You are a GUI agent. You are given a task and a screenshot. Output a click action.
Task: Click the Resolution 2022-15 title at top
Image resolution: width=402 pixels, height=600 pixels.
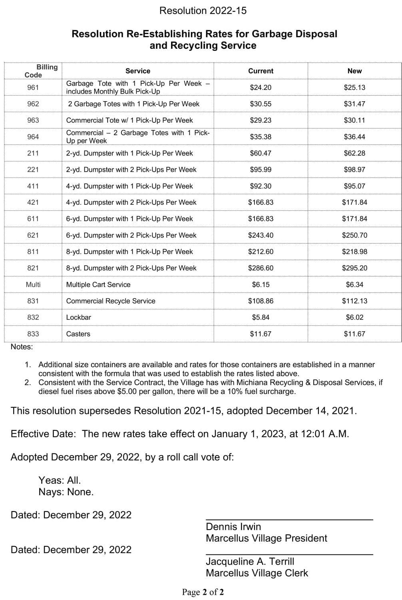click(203, 11)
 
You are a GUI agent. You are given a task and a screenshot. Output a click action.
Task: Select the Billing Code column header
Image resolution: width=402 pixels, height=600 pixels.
click(40, 71)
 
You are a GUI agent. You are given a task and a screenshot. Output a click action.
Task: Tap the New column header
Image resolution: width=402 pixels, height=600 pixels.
click(354, 71)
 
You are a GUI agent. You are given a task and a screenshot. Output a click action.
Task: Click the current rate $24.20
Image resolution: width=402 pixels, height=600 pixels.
click(261, 87)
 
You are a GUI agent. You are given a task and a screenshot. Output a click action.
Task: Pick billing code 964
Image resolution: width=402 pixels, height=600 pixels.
click(33, 136)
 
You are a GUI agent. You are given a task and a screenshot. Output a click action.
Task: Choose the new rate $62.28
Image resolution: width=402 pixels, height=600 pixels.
click(354, 153)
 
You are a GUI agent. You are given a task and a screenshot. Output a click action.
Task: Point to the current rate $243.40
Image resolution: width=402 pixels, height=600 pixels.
click(261, 235)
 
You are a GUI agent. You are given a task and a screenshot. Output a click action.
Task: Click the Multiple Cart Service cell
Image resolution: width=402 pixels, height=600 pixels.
click(98, 284)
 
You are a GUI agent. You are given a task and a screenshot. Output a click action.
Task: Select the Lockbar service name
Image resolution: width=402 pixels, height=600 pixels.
click(79, 317)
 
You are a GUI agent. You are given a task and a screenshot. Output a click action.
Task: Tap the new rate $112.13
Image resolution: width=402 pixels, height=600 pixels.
click(354, 301)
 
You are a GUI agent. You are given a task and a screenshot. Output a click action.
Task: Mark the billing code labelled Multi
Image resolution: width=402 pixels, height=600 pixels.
click(33, 284)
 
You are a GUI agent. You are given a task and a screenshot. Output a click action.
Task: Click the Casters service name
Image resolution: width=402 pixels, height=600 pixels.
click(78, 334)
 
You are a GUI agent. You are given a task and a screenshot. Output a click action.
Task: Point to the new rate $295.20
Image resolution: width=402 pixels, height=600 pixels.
click(354, 268)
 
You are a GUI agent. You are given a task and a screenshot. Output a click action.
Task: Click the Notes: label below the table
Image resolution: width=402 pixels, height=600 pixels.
click(22, 347)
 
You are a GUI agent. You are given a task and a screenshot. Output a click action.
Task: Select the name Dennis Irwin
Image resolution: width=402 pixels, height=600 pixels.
click(233, 526)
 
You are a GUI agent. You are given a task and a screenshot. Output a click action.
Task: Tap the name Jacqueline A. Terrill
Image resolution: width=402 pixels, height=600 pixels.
click(250, 561)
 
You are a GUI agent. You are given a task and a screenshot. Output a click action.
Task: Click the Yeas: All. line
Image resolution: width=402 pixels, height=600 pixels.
click(60, 480)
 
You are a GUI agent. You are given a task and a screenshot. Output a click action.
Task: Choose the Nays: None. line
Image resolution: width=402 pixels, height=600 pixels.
click(66, 492)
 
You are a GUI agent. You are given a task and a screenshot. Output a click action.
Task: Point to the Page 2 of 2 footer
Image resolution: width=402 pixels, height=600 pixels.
click(203, 592)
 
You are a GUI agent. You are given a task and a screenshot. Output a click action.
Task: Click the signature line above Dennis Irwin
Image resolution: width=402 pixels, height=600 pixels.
click(289, 519)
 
